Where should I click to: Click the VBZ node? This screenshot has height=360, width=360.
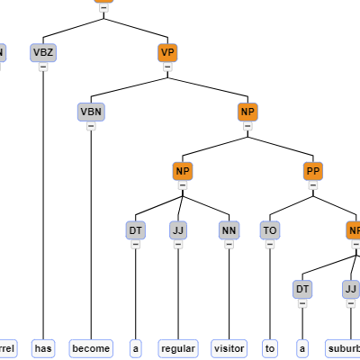tap(43, 52)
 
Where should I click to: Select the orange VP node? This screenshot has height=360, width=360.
tap(166, 52)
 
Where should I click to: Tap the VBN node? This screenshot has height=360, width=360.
tap(91, 112)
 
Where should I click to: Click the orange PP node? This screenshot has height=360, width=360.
tap(313, 171)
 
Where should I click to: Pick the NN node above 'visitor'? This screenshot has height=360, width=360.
tap(229, 230)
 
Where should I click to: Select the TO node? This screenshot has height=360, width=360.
tap(270, 230)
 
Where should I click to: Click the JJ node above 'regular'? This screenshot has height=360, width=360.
tap(177, 230)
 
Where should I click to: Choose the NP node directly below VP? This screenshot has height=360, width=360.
tap(247, 112)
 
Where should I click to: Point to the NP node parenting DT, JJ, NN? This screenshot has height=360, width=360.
tap(183, 171)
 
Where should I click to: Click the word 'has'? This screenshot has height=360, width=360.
tap(43, 348)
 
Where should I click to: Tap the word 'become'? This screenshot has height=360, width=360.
tap(91, 348)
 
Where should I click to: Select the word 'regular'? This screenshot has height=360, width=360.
tap(177, 348)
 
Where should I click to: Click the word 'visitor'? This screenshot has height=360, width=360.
tap(229, 348)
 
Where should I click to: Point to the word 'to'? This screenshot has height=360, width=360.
tap(270, 348)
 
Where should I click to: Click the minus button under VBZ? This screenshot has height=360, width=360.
tap(43, 67)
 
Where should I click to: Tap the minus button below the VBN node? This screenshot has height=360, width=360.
tap(91, 126)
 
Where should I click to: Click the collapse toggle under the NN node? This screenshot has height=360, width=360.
tap(229, 245)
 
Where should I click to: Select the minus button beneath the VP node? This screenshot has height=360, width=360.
tap(166, 67)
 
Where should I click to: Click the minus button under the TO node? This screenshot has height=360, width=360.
tap(270, 245)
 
